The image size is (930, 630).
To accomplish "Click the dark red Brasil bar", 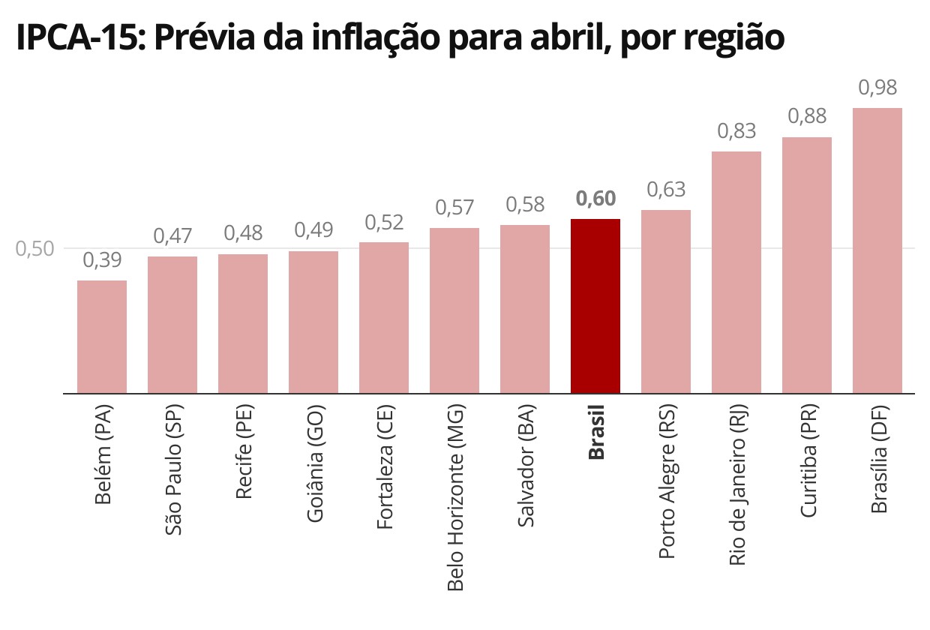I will click(595, 306).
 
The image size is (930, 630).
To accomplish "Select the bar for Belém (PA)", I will click(102, 337).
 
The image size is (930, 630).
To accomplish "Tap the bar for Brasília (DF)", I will click(877, 250).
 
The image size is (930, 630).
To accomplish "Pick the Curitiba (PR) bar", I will click(807, 265).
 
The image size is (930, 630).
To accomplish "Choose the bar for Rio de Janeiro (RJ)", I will click(736, 272).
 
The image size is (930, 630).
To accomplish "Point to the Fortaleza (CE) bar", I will click(384, 317).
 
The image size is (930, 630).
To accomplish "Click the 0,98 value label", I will click(877, 88).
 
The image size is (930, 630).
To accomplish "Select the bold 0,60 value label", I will click(595, 199).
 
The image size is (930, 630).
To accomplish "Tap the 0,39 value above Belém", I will click(102, 260).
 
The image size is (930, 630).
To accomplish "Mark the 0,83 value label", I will click(736, 131).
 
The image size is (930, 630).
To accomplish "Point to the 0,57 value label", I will click(454, 207).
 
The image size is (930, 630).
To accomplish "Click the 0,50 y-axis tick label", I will click(35, 249).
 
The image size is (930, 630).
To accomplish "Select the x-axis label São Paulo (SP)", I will click(173, 469).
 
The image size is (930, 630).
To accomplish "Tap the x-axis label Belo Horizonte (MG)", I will click(455, 498).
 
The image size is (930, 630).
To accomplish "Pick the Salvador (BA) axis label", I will click(526, 466).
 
